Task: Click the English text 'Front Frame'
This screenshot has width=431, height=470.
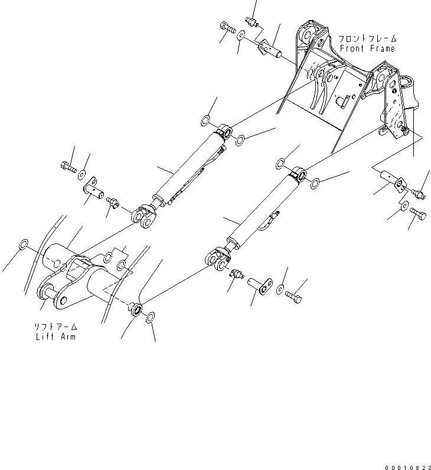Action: (x=367, y=48)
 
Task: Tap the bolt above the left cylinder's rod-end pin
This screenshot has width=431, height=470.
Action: (x=68, y=168)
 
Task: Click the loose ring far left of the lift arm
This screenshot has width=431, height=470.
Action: (x=24, y=244)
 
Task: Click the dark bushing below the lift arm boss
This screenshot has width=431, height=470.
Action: (x=136, y=308)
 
